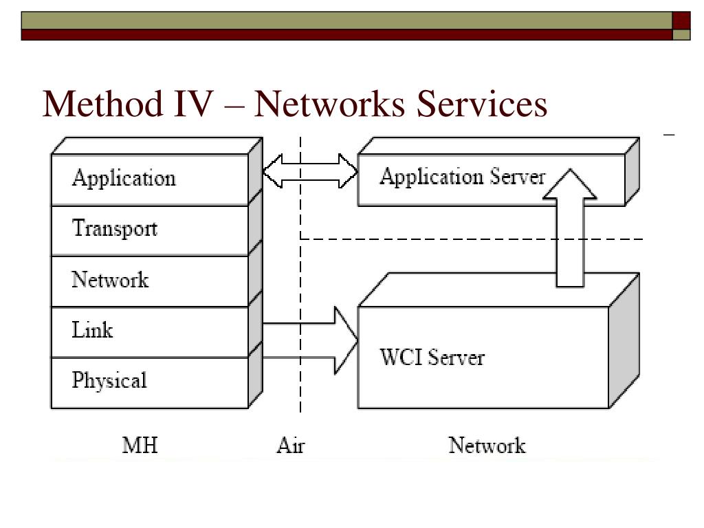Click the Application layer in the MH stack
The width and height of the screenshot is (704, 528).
click(150, 179)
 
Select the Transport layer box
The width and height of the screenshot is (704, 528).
click(150, 231)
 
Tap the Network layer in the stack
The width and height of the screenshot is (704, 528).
click(150, 281)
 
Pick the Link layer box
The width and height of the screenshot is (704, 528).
click(150, 332)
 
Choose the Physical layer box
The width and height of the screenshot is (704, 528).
click(150, 383)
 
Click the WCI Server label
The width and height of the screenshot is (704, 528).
click(432, 357)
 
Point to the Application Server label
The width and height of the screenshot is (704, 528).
click(463, 177)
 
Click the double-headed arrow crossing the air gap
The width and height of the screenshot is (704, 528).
click(310, 171)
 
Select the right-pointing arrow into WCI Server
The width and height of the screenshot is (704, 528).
click(310, 340)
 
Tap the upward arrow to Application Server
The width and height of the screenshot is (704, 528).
click(570, 228)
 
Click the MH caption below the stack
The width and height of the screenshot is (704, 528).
click(140, 445)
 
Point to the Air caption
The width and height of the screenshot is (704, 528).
click(291, 445)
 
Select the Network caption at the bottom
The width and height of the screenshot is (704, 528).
click(487, 445)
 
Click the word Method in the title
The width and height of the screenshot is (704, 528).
click(103, 104)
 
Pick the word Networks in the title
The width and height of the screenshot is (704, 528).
click(330, 104)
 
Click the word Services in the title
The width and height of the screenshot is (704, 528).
click(482, 104)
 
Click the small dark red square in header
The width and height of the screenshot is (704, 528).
click(681, 21)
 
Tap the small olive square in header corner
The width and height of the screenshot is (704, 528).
click(681, 35)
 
